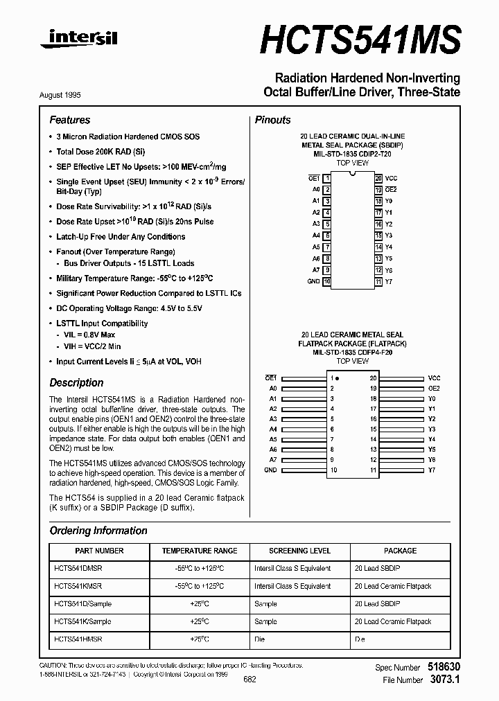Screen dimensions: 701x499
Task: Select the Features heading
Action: point(70,120)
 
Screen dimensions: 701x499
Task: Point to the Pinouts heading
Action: point(273,120)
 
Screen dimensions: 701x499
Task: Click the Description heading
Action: point(77,382)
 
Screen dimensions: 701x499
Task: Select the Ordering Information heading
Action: point(98,531)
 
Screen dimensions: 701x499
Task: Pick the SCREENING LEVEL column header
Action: point(299,551)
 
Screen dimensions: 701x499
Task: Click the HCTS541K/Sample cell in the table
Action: point(82,621)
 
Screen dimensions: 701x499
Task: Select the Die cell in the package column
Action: point(360,639)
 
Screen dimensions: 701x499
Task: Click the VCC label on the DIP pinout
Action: point(392,178)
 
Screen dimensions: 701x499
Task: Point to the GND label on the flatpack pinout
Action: point(270,470)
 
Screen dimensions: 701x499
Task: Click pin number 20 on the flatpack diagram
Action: point(373,378)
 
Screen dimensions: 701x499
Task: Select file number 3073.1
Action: point(444,680)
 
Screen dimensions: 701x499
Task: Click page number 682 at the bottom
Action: point(249,680)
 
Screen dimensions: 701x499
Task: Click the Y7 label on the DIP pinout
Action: point(389,282)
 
